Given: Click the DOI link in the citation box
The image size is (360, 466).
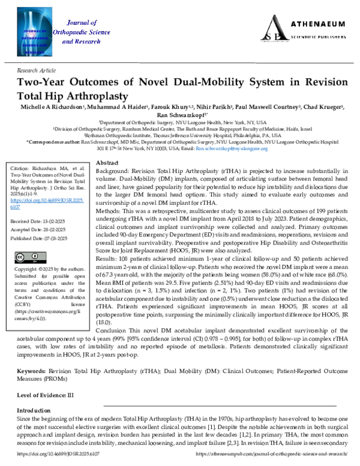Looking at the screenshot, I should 37,200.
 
